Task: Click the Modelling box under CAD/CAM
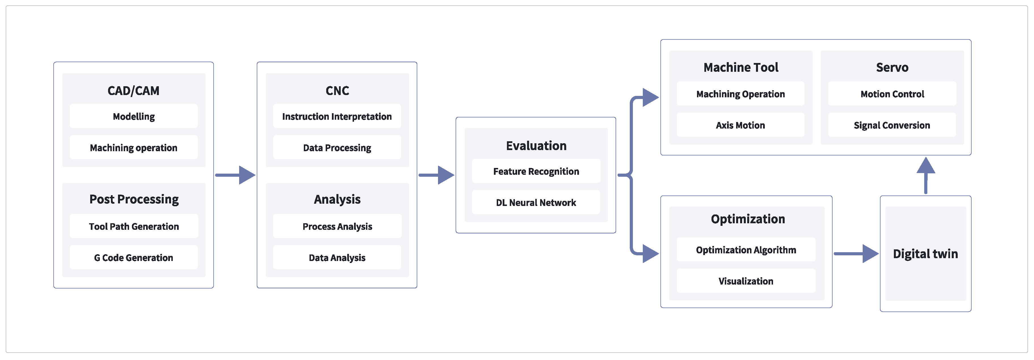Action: (134, 116)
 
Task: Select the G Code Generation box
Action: (134, 258)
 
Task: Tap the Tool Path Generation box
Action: (134, 226)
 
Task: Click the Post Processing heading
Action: (134, 199)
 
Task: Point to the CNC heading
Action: (337, 91)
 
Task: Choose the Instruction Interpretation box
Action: (337, 116)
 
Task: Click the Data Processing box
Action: (337, 148)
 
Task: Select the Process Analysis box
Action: (337, 226)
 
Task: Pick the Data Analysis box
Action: (337, 258)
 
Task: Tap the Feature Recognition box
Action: (536, 171)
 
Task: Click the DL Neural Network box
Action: (536, 203)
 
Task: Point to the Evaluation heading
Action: (536, 146)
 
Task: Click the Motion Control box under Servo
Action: (892, 94)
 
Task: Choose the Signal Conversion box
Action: (892, 125)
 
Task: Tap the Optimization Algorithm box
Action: (746, 250)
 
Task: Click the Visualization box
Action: (746, 281)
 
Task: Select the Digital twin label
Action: (925, 254)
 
